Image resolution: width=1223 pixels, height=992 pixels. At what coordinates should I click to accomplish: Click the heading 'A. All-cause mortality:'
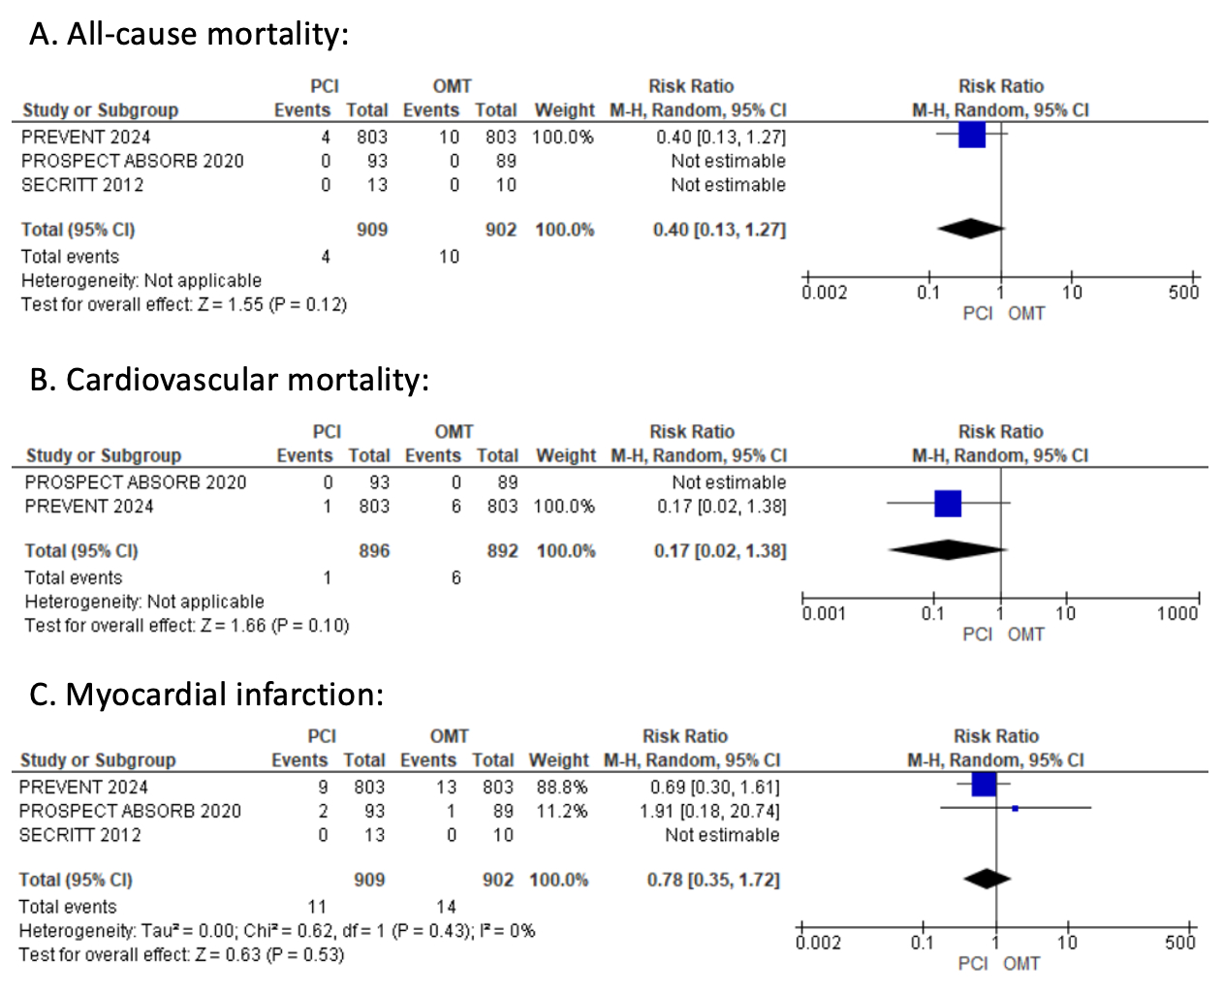[x=188, y=35]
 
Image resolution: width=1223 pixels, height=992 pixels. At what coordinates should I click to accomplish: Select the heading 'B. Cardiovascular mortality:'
[x=229, y=380]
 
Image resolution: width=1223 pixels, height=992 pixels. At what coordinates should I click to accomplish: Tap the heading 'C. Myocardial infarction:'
[x=206, y=695]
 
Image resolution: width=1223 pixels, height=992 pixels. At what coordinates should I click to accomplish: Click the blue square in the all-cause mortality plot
[x=972, y=136]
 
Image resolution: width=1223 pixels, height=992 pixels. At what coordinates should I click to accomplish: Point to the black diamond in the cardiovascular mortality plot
[x=947, y=550]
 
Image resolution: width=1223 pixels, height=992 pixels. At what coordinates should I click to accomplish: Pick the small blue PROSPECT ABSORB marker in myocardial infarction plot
[x=1015, y=808]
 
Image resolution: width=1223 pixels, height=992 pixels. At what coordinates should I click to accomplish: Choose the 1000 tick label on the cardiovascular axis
[x=1177, y=613]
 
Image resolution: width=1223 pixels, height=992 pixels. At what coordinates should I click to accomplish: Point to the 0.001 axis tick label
[x=824, y=613]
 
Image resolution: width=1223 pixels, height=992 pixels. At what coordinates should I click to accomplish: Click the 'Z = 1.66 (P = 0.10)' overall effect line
[x=187, y=626]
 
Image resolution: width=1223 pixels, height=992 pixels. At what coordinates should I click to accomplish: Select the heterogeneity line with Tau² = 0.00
[x=277, y=931]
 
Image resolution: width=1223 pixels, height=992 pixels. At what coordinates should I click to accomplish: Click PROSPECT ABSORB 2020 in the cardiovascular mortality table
[x=136, y=482]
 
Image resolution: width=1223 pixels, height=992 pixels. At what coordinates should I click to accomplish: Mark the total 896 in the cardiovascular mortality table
[x=374, y=551]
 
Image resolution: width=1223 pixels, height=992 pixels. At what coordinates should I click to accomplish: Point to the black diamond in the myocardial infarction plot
[x=988, y=879]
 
